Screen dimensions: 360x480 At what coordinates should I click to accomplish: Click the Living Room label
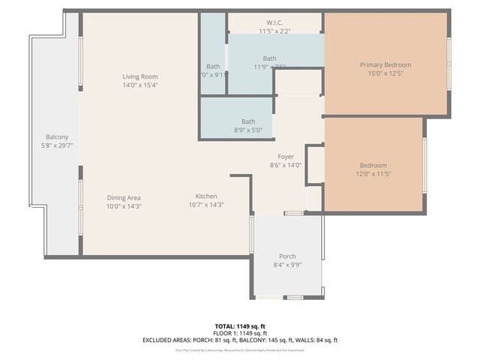[140, 76]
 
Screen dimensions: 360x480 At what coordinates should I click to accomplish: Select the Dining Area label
[123, 197]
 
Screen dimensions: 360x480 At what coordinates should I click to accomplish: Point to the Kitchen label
[206, 197]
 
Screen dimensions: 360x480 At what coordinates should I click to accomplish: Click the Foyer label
[285, 157]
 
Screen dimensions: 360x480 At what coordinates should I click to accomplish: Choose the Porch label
[287, 256]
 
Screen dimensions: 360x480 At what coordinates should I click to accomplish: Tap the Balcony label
[57, 136]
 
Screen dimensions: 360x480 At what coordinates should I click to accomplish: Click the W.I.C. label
[275, 22]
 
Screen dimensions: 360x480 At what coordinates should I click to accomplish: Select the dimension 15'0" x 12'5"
[385, 73]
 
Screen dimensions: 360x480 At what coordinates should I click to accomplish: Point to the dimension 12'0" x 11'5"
[373, 174]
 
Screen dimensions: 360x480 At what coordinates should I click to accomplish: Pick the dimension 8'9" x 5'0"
[247, 130]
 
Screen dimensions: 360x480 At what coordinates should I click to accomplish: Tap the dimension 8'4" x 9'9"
[287, 265]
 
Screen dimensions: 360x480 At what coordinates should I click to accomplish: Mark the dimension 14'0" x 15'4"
[140, 85]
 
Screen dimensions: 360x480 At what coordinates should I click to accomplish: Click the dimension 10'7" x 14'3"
[206, 205]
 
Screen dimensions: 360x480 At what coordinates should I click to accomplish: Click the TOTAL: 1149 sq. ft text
[240, 326]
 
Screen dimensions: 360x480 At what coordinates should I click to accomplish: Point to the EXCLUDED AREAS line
[240, 340]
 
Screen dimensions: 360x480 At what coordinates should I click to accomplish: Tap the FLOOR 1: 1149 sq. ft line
[240, 333]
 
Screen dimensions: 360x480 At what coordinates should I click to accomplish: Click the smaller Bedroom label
[373, 166]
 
